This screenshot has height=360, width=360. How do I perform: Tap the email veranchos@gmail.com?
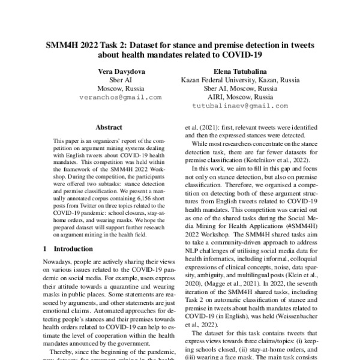pos(121,97)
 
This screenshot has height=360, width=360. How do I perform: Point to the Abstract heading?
pos(109,127)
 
